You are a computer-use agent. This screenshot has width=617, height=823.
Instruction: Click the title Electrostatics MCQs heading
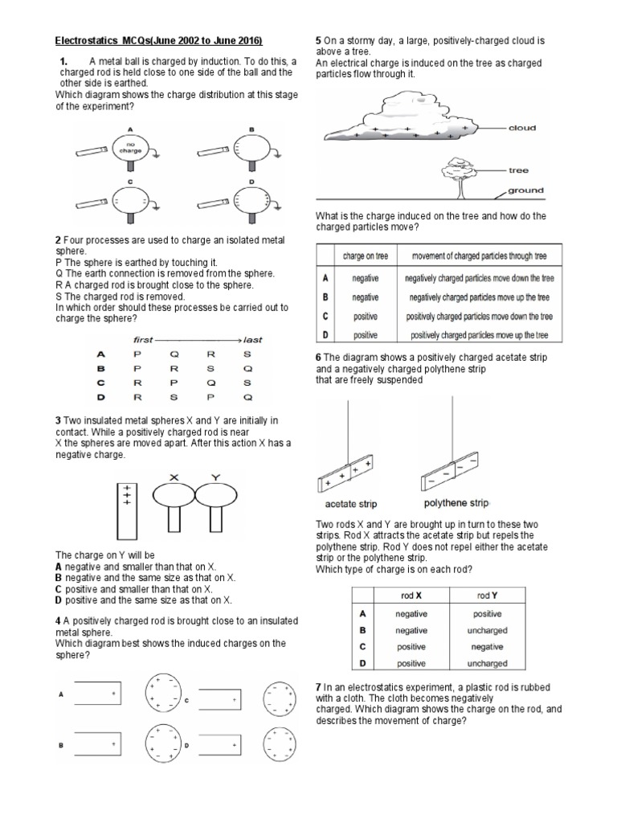[x=158, y=41]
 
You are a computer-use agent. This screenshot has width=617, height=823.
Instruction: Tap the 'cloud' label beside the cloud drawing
[x=522, y=128]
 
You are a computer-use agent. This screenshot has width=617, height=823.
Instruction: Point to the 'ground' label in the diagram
[x=525, y=191]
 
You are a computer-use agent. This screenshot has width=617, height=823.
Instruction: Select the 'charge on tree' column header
[x=366, y=256]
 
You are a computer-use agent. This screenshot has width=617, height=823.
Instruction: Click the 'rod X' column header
[x=411, y=596]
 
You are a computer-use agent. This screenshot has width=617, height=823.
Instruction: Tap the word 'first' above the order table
[x=143, y=339]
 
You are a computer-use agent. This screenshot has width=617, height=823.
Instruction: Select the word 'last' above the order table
[x=252, y=339]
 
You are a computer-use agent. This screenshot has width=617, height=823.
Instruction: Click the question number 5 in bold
[x=319, y=39]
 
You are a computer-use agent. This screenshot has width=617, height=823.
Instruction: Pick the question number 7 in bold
[x=319, y=686]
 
